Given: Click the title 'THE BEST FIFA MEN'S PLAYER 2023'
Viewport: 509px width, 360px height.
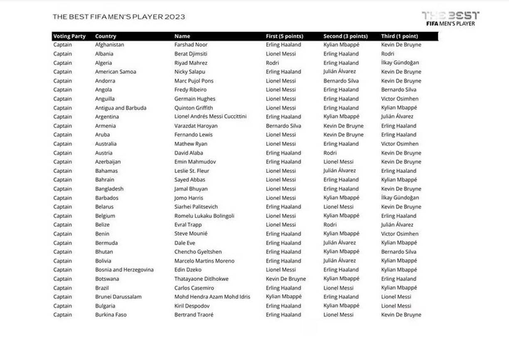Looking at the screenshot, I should coord(119,17).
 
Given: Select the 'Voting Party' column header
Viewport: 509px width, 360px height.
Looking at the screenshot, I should coord(69,36).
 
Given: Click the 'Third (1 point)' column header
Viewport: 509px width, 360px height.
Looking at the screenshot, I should coord(400,36).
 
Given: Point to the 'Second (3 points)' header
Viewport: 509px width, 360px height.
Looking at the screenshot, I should coord(346,36).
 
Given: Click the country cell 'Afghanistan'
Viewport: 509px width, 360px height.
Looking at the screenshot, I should coord(109,45).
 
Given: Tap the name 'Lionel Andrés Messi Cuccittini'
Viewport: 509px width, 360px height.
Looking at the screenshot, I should coord(210,117).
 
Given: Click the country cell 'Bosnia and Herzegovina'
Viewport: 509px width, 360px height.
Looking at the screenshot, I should coord(124,270).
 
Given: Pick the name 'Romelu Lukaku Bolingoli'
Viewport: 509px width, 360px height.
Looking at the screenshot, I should coord(204,216).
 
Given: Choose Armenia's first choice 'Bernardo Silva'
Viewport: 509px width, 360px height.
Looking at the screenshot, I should coord(284,126).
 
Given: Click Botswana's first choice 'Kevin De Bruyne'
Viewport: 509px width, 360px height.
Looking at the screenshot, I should coord(286,279).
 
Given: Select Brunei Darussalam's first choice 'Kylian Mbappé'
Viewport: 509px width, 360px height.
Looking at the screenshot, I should coord(284,297).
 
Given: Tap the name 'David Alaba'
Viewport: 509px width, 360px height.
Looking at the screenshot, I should coord(189,153).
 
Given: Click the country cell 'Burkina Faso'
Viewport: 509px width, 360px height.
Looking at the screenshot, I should coord(111,315).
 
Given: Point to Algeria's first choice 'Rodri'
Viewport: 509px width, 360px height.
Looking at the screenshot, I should coord(272,63).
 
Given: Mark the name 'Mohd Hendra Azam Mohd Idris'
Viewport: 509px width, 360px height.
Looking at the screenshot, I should coord(212,297).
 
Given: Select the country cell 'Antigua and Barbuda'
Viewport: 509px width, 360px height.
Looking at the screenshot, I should coord(121,108).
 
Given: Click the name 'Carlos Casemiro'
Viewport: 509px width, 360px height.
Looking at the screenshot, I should coord(194,288).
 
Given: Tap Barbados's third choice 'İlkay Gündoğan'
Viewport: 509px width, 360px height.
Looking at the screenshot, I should coord(400,198).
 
